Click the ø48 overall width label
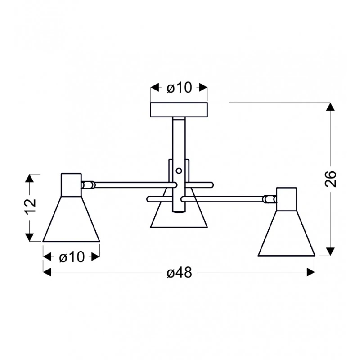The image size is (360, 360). (x=179, y=273)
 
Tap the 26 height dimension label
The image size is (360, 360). (x=331, y=179)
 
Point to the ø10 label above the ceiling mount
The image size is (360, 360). (x=179, y=88)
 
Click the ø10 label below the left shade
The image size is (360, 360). (x=72, y=257)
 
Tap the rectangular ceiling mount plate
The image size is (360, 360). (x=179, y=110)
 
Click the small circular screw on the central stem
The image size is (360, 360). (x=179, y=171)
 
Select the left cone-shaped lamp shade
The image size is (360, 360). (x=71, y=219)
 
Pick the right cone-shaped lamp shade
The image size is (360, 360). (x=287, y=233)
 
